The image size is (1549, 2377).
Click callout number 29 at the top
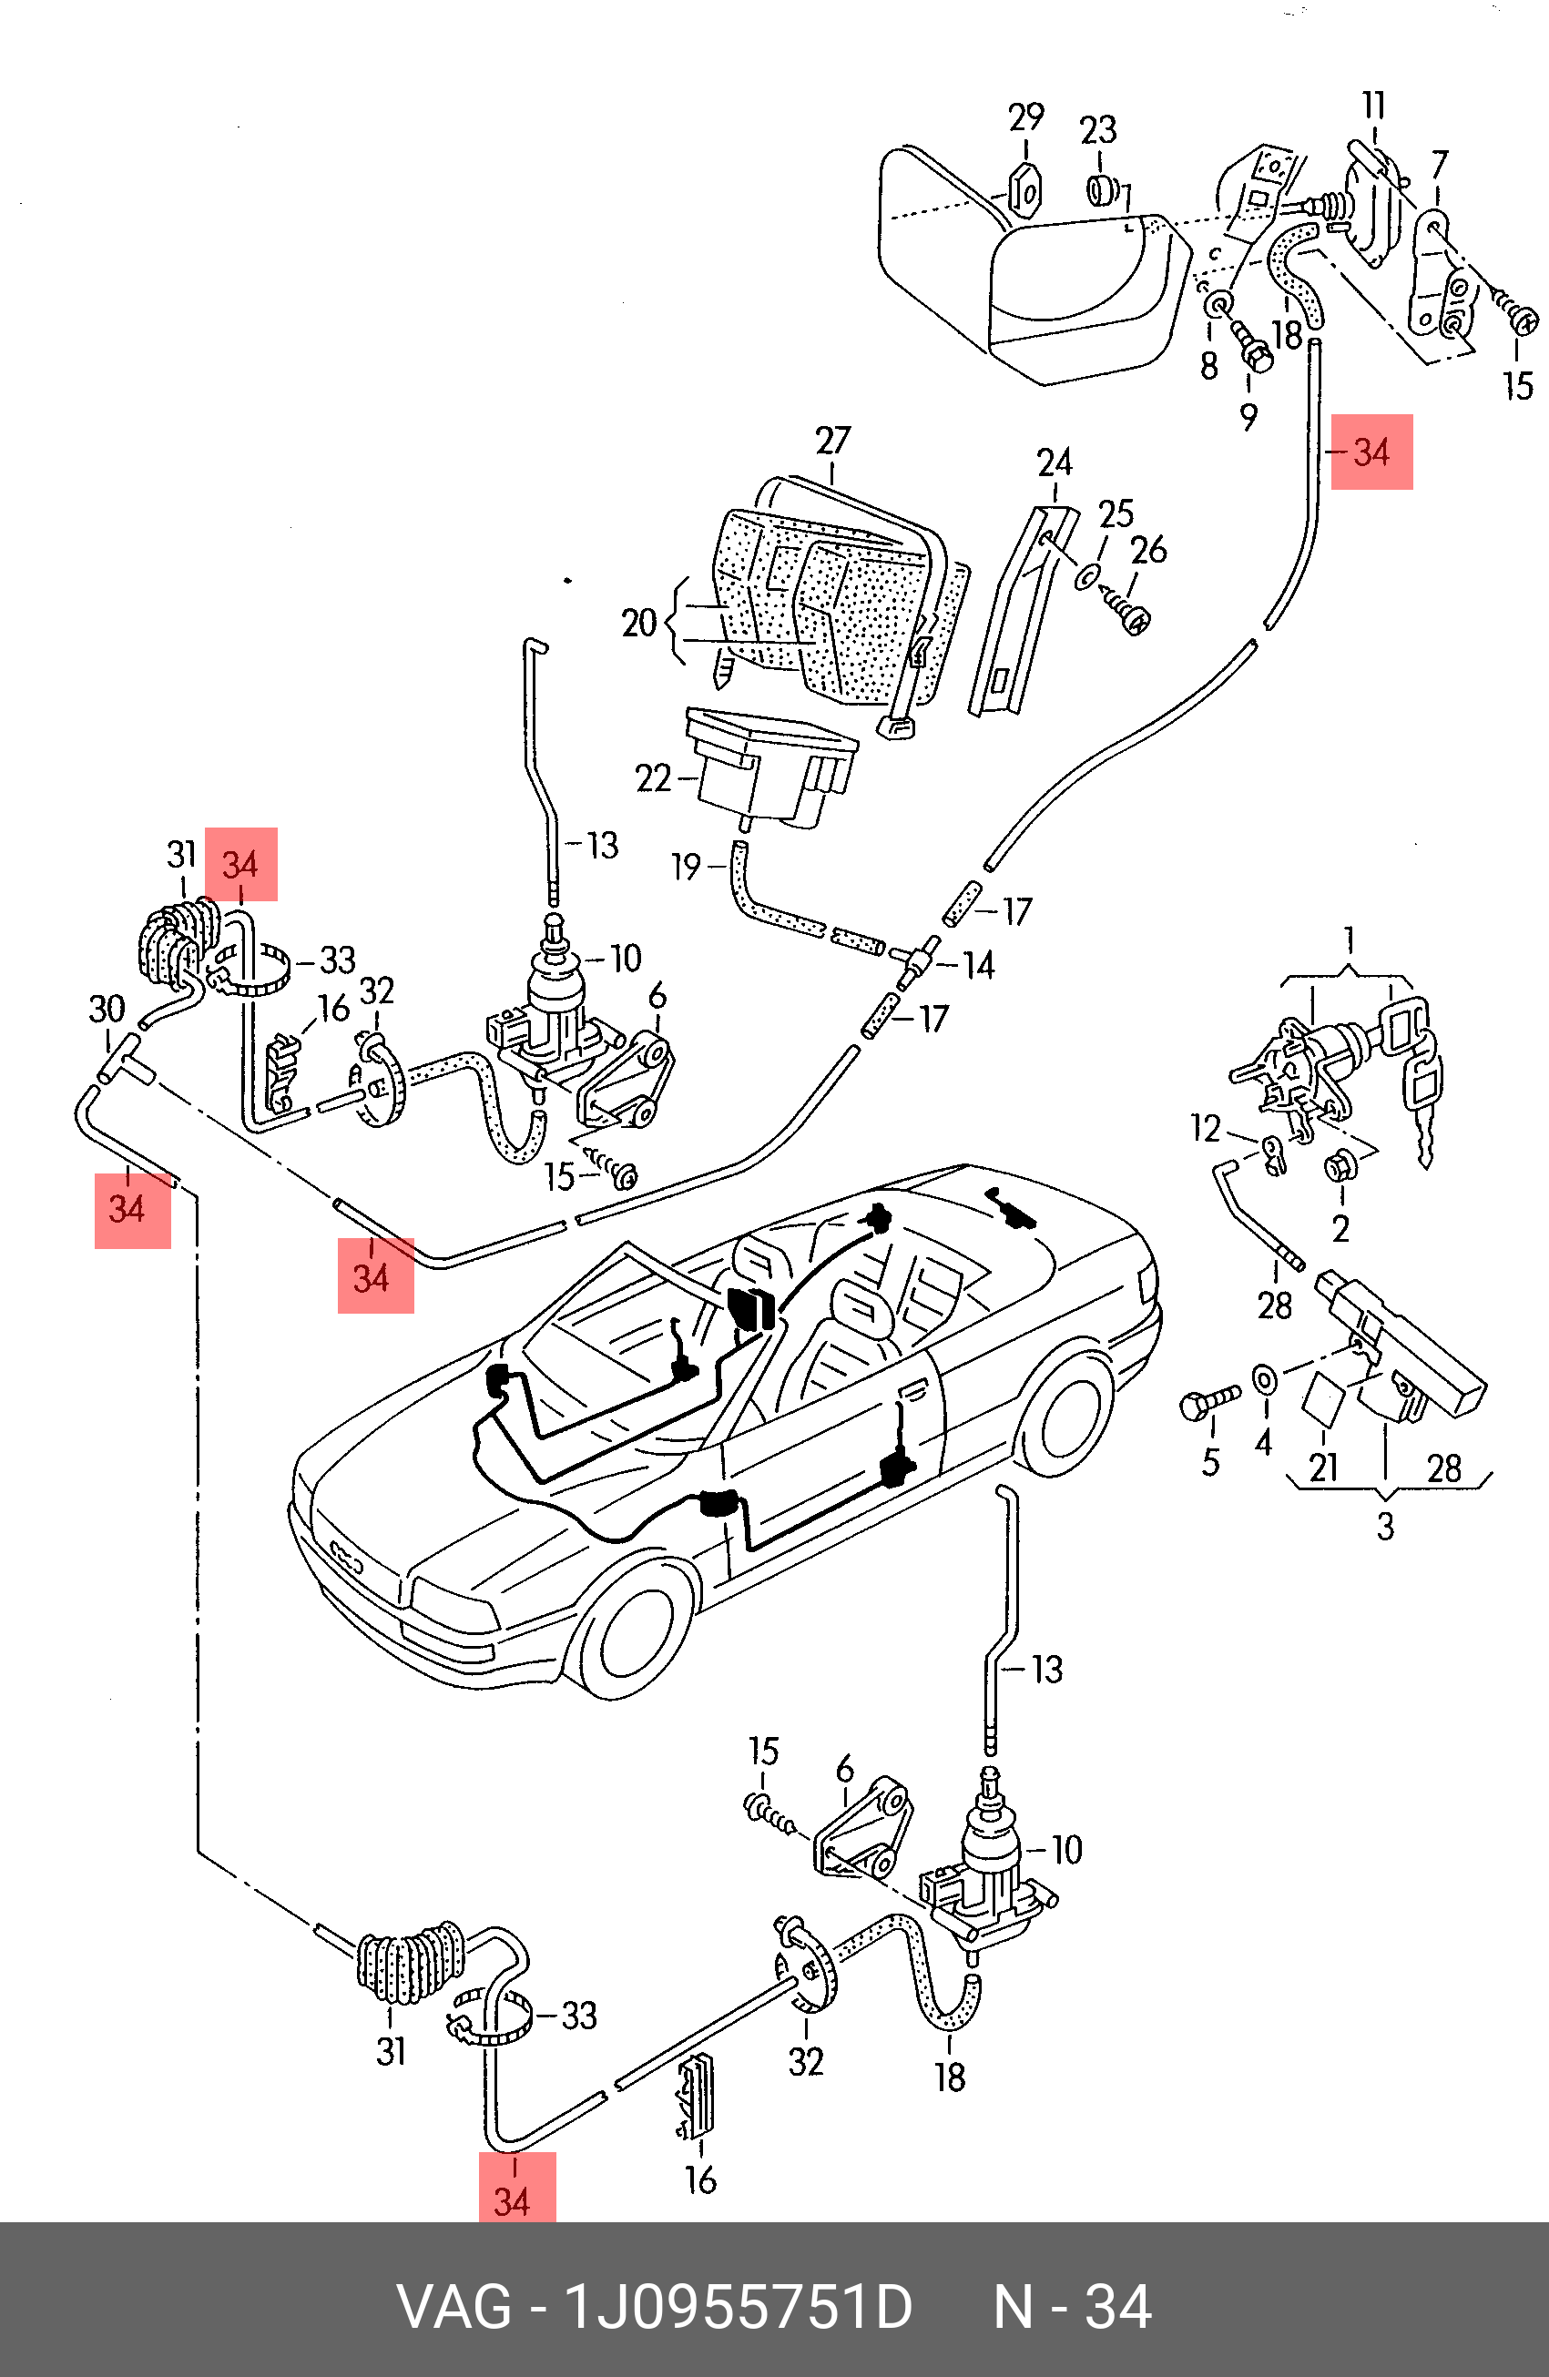[x=1025, y=117]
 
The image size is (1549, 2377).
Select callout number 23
[x=1097, y=130]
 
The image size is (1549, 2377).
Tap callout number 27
[x=833, y=441]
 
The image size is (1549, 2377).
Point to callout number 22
[x=653, y=778]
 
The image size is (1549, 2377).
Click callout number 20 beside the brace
[x=639, y=624]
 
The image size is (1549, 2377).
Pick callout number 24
[x=1055, y=462]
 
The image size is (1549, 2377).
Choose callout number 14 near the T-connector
[x=979, y=965]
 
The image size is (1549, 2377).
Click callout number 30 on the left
[x=107, y=1009]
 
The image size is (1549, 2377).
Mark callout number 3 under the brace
[x=1385, y=1526]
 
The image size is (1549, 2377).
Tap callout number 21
[x=1324, y=1468]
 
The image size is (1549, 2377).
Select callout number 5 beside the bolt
[x=1210, y=1463]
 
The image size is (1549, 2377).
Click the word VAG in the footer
[x=454, y=2307]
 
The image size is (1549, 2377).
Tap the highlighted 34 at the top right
[x=1371, y=452]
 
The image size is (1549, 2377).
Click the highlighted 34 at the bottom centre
[x=513, y=2201]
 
